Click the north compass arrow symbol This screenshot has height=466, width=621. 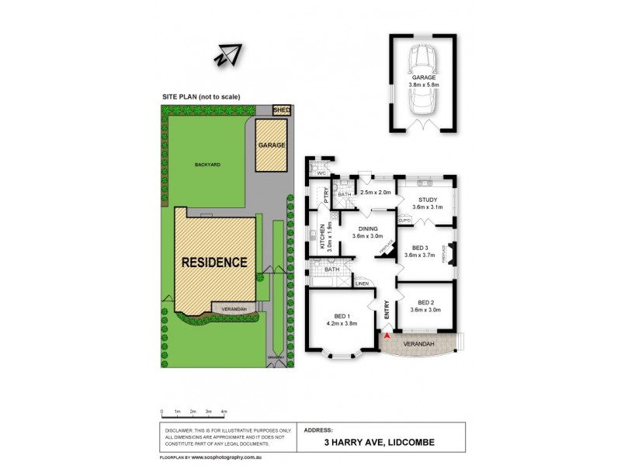(x=229, y=55)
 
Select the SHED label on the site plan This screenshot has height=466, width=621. (x=282, y=111)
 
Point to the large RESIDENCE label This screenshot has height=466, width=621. (x=214, y=263)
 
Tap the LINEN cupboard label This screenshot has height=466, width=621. (x=362, y=284)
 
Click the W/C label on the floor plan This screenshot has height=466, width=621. (x=313, y=173)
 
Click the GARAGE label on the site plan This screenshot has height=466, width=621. (x=272, y=145)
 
